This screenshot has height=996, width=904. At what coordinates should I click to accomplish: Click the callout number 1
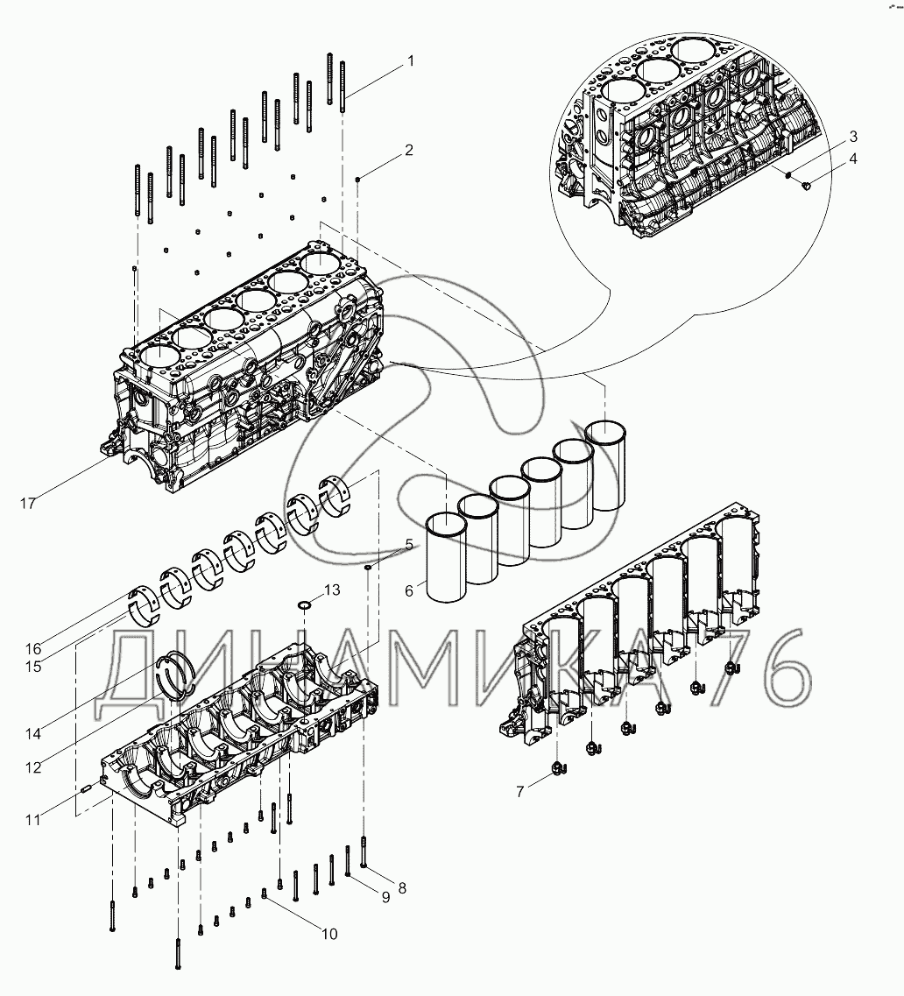click(x=408, y=61)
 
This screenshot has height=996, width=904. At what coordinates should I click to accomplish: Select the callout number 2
click(x=408, y=150)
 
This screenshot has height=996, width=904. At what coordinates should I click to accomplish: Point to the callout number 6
click(x=409, y=592)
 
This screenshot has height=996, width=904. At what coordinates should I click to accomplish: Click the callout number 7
click(x=519, y=792)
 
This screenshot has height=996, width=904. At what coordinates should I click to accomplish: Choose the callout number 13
click(x=331, y=590)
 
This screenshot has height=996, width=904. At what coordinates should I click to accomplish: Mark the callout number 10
click(x=329, y=934)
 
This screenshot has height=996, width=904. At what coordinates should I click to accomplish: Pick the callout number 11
click(x=32, y=820)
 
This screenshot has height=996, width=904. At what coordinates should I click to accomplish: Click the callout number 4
click(x=852, y=159)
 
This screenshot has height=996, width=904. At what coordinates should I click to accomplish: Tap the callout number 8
click(x=402, y=887)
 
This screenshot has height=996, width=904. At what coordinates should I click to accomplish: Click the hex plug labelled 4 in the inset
click(x=808, y=185)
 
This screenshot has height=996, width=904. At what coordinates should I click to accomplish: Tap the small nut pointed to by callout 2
click(x=359, y=179)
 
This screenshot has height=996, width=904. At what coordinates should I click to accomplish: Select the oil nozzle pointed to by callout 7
click(x=559, y=769)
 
